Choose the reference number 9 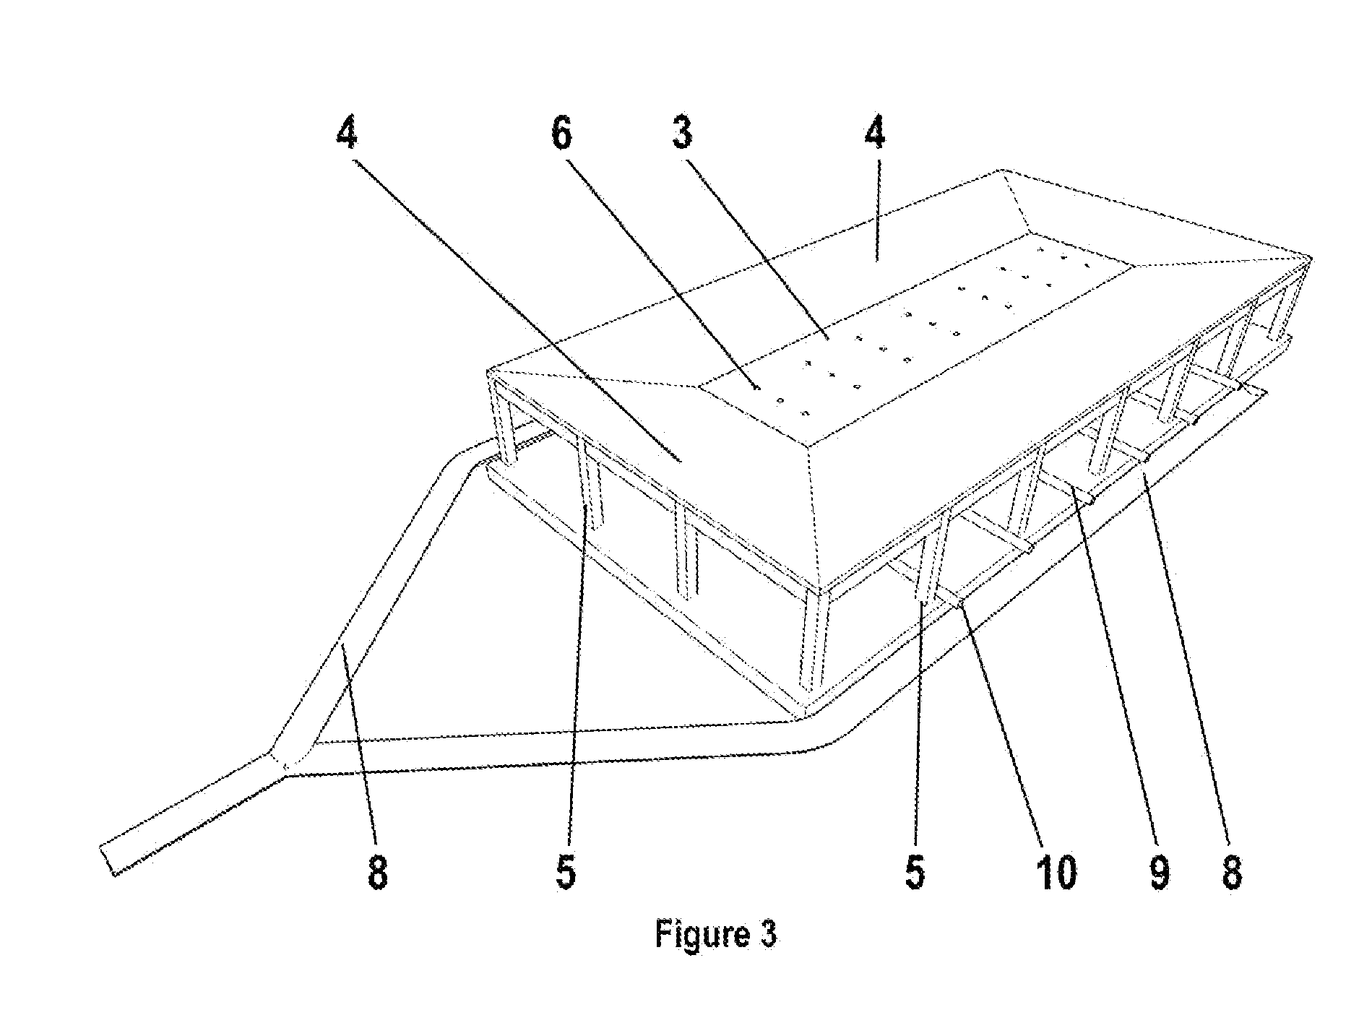point(1158,872)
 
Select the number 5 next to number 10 point(914,872)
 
